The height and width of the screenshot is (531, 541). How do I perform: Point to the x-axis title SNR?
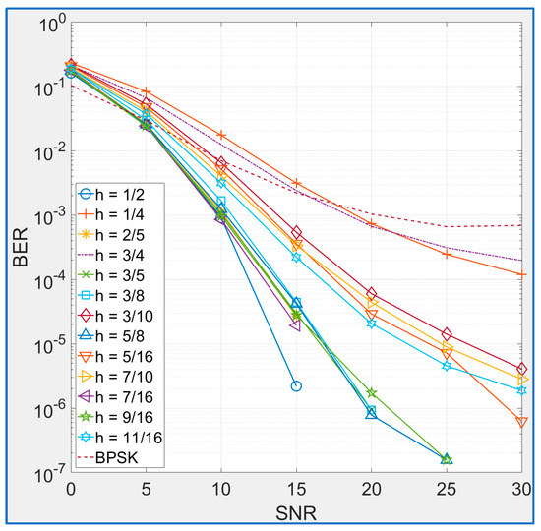[x=296, y=514]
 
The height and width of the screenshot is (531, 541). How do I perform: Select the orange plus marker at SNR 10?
[x=221, y=135]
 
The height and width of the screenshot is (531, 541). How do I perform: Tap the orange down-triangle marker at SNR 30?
[x=521, y=423]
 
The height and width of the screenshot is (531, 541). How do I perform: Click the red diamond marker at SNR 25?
[x=447, y=334]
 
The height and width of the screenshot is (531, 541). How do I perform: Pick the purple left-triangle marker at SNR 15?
[x=296, y=324]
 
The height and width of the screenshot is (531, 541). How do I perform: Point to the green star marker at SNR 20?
[x=372, y=393]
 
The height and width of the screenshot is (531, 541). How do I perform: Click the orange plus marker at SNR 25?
[x=447, y=254]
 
